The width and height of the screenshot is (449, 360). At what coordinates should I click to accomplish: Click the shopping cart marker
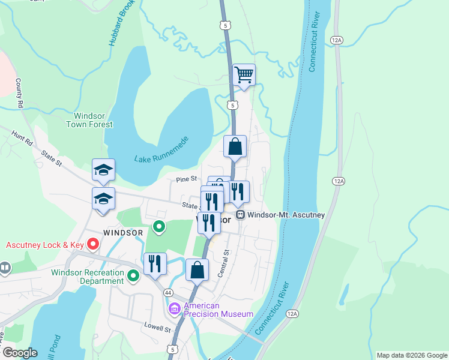coord(244,76)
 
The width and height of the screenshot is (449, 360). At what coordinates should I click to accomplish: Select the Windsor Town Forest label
coord(93,120)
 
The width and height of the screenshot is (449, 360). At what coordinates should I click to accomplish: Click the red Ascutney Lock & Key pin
coord(93,244)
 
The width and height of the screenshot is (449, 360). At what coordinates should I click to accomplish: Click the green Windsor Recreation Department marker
coord(133,275)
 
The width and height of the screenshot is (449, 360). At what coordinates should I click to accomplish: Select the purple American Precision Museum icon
coord(175,309)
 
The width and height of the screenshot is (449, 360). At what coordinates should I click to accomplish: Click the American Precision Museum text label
coord(218,310)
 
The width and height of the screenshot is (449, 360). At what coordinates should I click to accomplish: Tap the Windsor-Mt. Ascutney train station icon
coord(240,214)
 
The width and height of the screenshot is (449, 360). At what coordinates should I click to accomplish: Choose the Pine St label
coord(187,179)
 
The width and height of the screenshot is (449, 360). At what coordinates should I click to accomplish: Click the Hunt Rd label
coord(22,138)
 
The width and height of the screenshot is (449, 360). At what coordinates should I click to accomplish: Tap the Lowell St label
coord(157,329)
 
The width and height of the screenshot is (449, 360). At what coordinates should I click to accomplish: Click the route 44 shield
coord(169,292)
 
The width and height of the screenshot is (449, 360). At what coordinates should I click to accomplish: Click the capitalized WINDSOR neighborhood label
coord(122,232)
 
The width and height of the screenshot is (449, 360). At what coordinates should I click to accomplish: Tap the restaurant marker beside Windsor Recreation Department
coord(155,264)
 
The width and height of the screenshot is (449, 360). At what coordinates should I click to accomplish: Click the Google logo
coord(19,353)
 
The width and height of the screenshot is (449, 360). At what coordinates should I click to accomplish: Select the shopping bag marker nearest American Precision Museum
coord(197,270)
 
